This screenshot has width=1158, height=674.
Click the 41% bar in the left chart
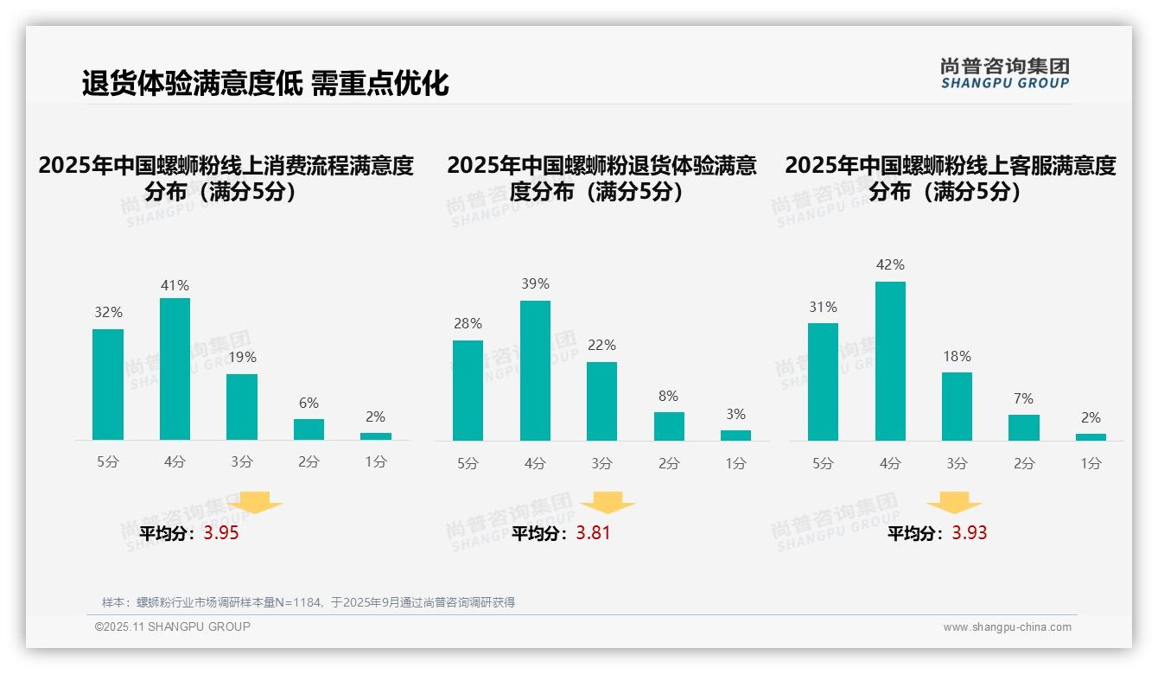tap(175, 369)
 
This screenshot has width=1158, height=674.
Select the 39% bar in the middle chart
tap(535, 371)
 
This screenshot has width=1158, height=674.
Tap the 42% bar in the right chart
tap(890, 361)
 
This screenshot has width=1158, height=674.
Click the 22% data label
tap(601, 346)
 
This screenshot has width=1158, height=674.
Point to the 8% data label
tap(668, 397)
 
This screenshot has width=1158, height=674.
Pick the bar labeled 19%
tap(242, 407)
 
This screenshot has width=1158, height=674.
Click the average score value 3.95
tap(221, 533)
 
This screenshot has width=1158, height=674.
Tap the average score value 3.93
tap(970, 533)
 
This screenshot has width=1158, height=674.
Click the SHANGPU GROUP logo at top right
tap(1004, 73)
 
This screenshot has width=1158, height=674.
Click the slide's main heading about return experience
tap(265, 83)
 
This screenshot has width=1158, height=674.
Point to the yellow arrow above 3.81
tap(608, 503)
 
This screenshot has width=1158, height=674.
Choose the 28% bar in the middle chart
tap(468, 391)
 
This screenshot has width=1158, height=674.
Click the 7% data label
tap(1023, 399)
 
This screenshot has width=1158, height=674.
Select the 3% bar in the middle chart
tap(735, 436)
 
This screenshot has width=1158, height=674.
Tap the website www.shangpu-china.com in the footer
tap(1007, 627)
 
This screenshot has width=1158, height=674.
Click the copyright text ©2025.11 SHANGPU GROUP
tap(173, 626)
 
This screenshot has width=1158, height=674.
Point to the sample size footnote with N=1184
tap(309, 602)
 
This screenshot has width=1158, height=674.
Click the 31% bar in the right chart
tap(823, 382)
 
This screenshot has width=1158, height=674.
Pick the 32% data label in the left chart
tap(108, 313)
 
